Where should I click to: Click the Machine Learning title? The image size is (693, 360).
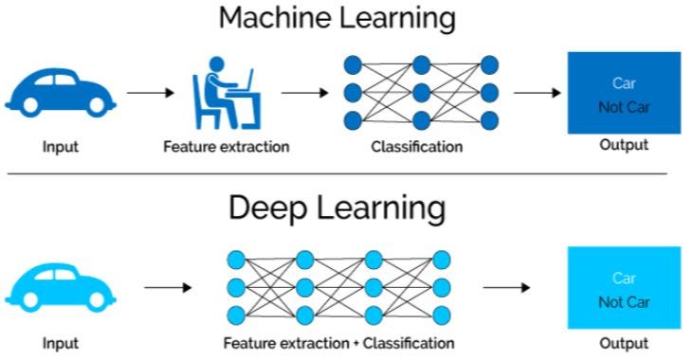337,19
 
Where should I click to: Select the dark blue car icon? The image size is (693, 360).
60,93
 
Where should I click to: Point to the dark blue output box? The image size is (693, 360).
623,93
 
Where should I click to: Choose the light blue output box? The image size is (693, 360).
623,286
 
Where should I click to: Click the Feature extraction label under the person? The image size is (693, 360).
226,147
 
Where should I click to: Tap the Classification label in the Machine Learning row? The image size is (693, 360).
417,147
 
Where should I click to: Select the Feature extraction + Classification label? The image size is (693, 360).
338,343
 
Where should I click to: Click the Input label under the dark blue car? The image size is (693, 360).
60,147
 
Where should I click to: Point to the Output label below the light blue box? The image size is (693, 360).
623,343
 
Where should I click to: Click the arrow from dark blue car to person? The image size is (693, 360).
151,93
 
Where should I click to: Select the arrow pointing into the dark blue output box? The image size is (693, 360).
538,93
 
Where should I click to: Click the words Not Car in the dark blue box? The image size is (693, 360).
624,107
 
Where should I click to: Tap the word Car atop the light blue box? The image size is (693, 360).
624,278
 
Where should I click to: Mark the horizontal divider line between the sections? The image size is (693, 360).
337,174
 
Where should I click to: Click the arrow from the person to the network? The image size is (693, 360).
305,93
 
